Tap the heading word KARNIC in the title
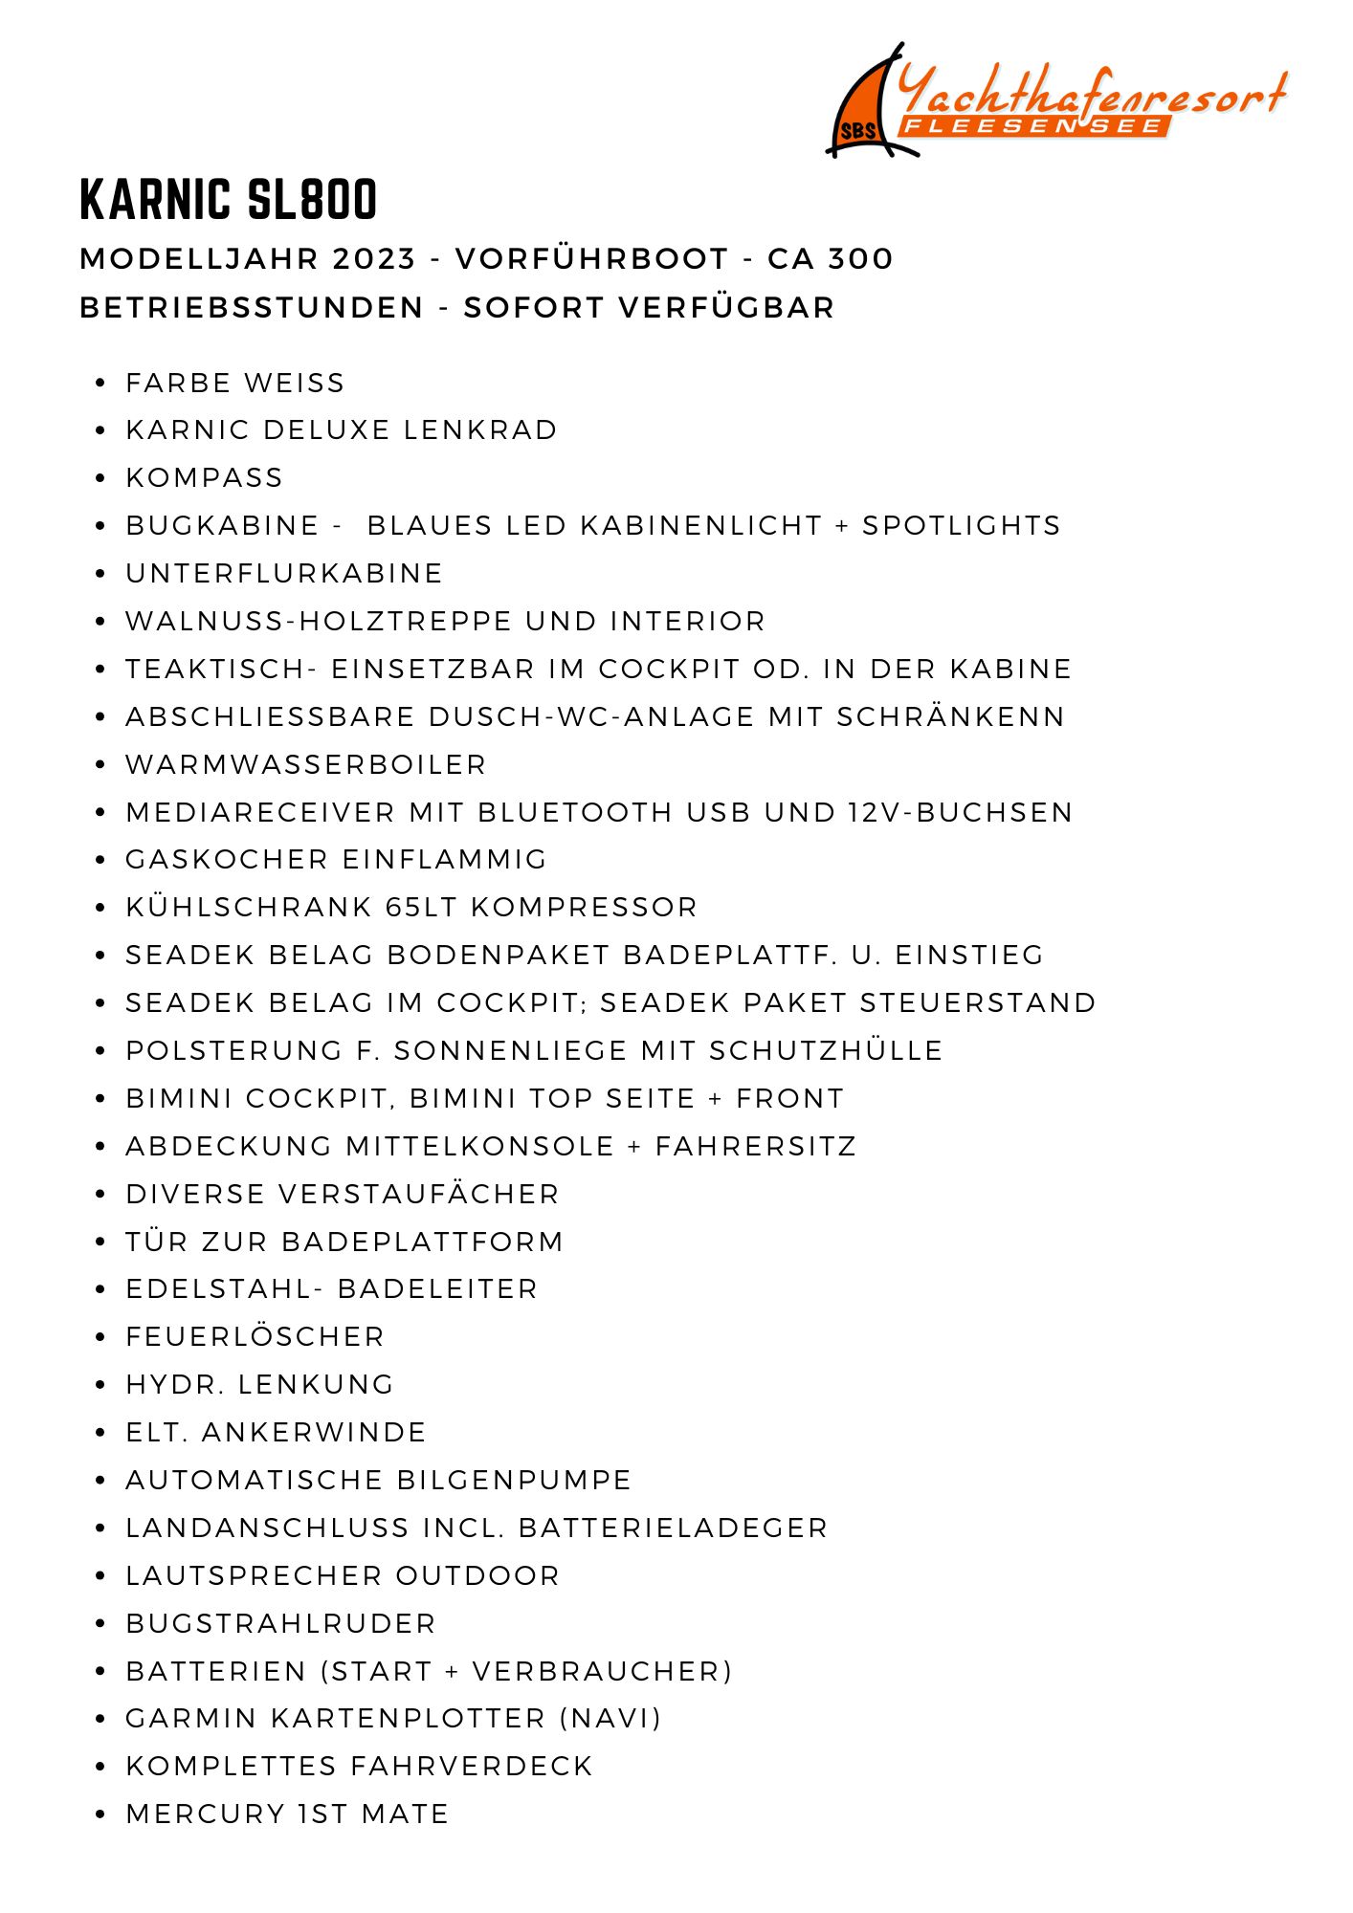coord(156,200)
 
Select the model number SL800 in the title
coord(312,200)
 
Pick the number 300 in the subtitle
coord(860,259)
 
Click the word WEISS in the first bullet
coord(294,384)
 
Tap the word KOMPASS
coord(205,478)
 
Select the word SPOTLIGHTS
coord(962,526)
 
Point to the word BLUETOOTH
coord(575,813)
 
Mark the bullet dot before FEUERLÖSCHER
coord(100,1337)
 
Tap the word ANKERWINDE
coord(314,1433)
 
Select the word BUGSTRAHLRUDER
coord(280,1624)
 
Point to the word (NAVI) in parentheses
coord(610,1719)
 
